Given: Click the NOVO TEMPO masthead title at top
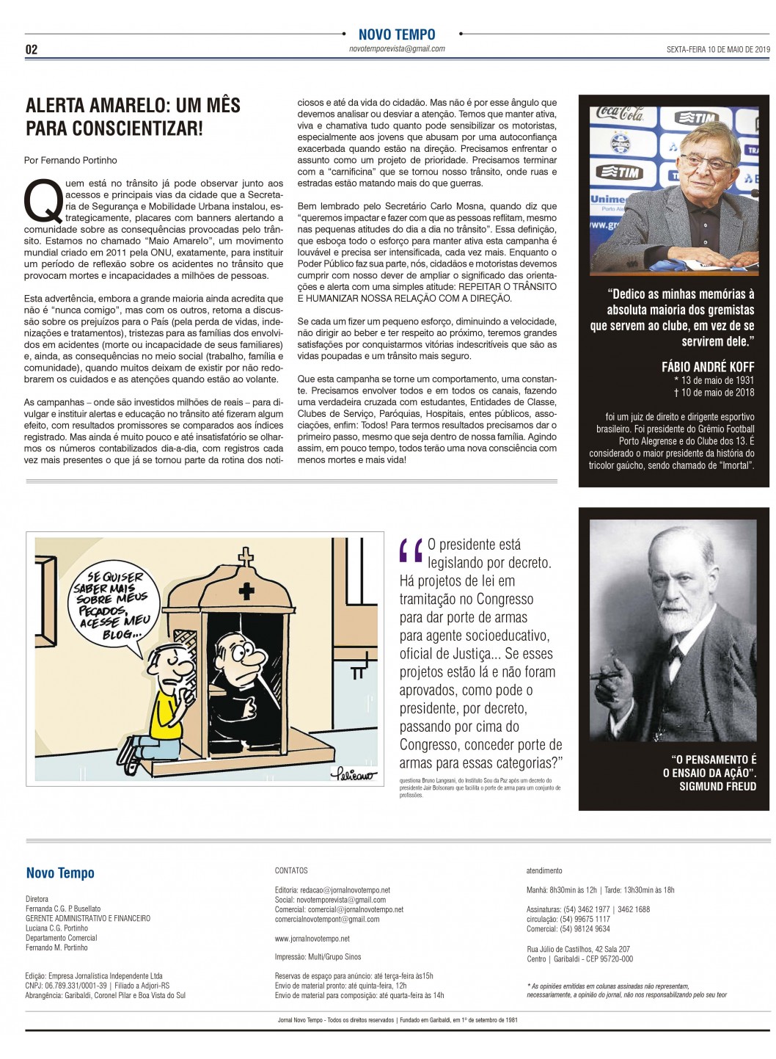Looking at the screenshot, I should coord(397,34).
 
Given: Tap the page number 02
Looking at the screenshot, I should coord(32,50).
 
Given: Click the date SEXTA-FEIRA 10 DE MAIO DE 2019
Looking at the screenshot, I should coord(717,50).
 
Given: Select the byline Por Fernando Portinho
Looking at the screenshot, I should coord(70,160).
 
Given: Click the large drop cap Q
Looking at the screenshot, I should coord(43,200).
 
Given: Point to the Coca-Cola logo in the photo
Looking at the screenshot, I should coord(620,114).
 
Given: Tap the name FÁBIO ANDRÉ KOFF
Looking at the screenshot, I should coord(707,367).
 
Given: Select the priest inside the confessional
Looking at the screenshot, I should coord(235,683).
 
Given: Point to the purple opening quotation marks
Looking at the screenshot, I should coord(411,550).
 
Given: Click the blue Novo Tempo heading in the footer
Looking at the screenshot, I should coord(60,873).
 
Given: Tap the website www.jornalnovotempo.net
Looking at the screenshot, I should coord(312,939).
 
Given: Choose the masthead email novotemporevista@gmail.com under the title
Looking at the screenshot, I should coord(397,49).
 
